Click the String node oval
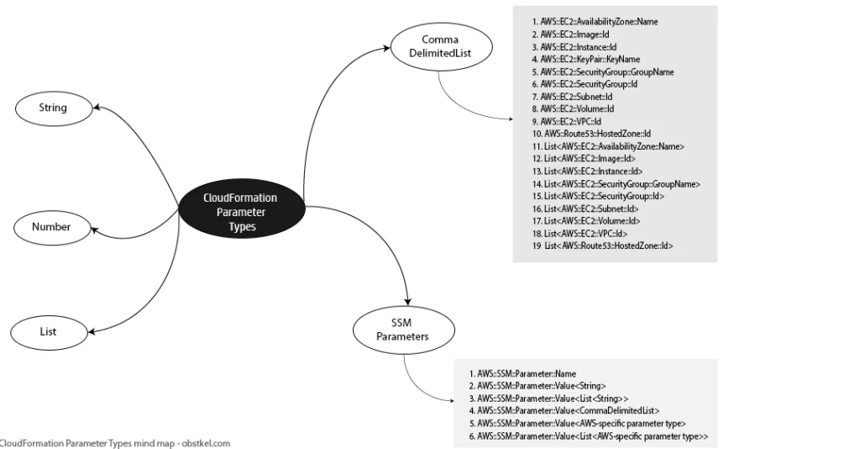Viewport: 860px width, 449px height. pyautogui.click(x=54, y=108)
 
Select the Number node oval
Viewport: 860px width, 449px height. pyautogui.click(x=52, y=227)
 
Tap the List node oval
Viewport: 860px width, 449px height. pyautogui.click(x=49, y=332)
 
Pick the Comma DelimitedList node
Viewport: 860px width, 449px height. pyautogui.click(x=441, y=47)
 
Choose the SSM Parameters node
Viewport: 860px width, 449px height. pyautogui.click(x=404, y=330)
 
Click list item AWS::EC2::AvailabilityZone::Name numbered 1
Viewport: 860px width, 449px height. pyautogui.click(x=595, y=22)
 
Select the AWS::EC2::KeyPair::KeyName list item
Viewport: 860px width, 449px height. pyautogui.click(x=585, y=60)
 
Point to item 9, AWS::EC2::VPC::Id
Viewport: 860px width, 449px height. pyautogui.click(x=566, y=122)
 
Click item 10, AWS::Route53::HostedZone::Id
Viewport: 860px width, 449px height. pyautogui.click(x=591, y=134)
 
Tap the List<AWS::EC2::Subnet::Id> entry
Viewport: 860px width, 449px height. pyautogui.click(x=585, y=209)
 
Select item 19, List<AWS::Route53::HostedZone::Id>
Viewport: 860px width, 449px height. pyautogui.click(x=602, y=246)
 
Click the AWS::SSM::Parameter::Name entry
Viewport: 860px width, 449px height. pyautogui.click(x=522, y=374)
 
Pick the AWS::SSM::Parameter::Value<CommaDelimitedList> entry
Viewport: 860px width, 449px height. pyautogui.click(x=564, y=410)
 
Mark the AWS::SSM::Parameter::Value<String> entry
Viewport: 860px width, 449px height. pyautogui.click(x=537, y=386)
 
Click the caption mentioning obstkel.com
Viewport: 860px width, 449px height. pyautogui.click(x=114, y=443)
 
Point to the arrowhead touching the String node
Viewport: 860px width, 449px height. pyautogui.click(x=97, y=107)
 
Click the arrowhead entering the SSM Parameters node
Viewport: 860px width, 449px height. pyautogui.click(x=407, y=301)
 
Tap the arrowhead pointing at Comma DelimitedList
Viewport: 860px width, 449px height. pyautogui.click(x=386, y=48)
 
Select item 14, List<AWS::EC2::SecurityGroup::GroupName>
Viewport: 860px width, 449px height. pyautogui.click(x=616, y=184)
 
